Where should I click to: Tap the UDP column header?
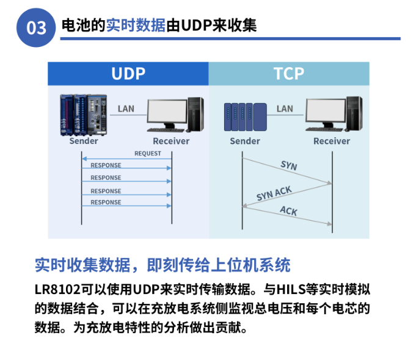[x=128, y=73]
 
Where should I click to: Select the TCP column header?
[x=288, y=73]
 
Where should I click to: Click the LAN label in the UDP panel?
[x=126, y=109]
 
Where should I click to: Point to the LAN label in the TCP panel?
[x=285, y=109]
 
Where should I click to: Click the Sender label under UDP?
[x=84, y=141]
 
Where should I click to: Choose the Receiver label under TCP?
[x=332, y=141]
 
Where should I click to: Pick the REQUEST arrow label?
[x=148, y=154]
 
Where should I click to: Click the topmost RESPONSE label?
[x=106, y=165]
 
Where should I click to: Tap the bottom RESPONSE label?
[x=106, y=203]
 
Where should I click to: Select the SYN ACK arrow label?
[x=274, y=194]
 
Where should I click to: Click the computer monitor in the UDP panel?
[x=166, y=114]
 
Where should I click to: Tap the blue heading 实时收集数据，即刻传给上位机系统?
[x=162, y=265]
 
